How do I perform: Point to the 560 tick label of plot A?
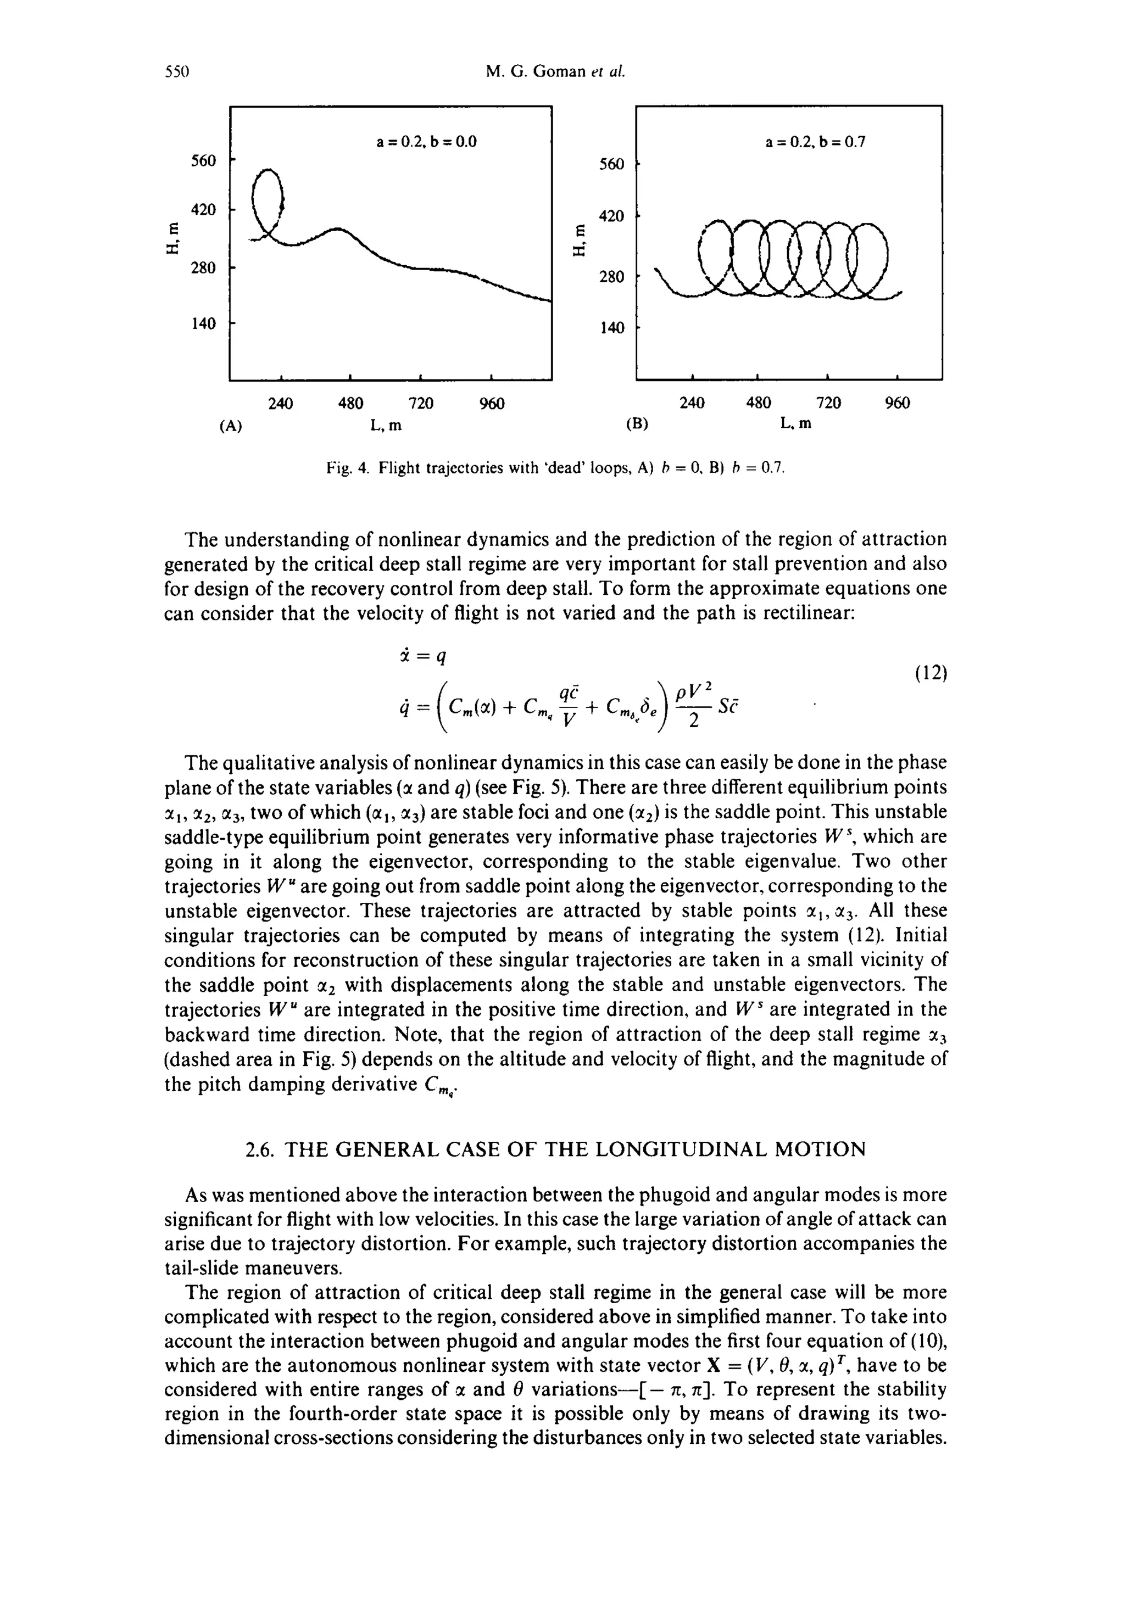(204, 161)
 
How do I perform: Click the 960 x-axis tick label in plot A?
(492, 404)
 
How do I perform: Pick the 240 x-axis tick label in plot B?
(692, 404)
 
